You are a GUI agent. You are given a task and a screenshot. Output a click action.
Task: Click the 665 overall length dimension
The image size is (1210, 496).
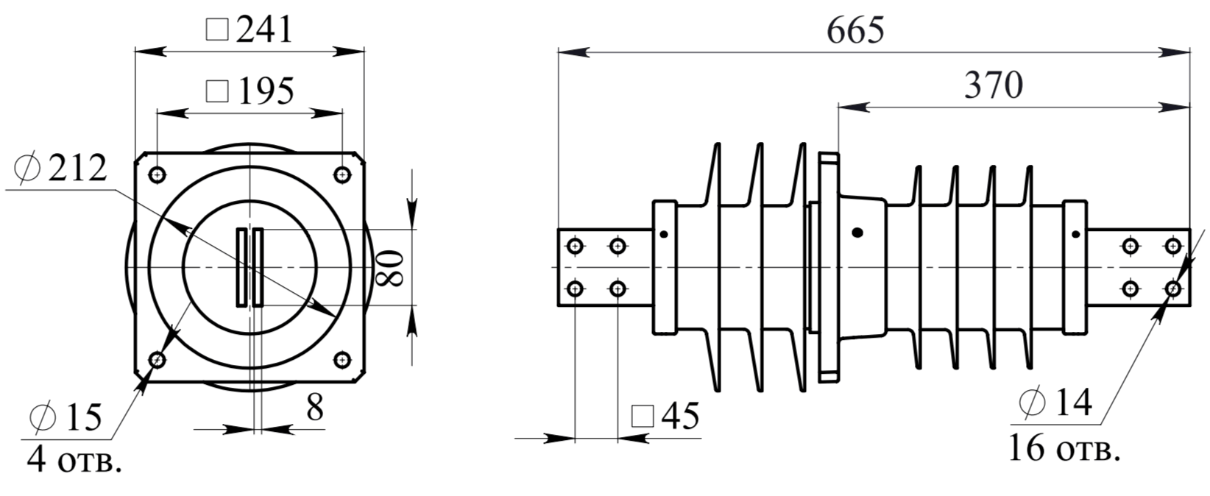[856, 29]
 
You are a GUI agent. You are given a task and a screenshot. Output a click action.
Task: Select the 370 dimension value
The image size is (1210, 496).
[994, 85]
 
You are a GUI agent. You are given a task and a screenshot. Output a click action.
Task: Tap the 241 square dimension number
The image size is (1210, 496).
[265, 29]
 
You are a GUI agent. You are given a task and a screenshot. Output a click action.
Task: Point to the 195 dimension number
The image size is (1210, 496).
[266, 91]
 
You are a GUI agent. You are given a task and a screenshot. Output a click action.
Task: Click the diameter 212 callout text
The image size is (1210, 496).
[60, 168]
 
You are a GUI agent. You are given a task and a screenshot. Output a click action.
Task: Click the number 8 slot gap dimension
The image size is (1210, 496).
[315, 407]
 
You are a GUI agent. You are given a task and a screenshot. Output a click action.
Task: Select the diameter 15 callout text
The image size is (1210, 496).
[66, 417]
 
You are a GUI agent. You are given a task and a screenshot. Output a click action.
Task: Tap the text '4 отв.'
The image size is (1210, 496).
[74, 461]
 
